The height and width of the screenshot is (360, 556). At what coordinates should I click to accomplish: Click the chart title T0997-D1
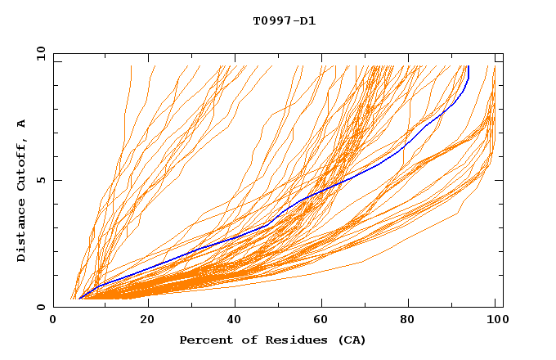pos(284,21)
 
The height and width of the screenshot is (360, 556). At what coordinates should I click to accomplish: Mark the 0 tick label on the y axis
pos(41,307)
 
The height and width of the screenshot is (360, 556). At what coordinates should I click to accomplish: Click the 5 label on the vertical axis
pos(41,180)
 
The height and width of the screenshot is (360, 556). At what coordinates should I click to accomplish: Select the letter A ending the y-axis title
pos(22,124)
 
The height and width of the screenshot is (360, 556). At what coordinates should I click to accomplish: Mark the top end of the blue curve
pos(469,66)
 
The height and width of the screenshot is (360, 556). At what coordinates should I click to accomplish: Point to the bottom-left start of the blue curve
pos(80,299)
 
